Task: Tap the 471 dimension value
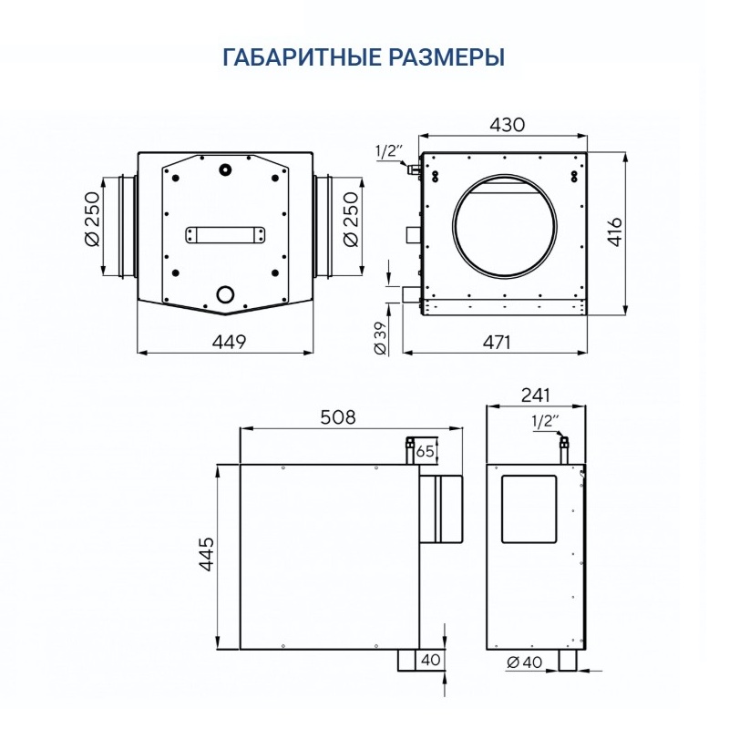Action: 496,342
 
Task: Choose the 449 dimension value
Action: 229,342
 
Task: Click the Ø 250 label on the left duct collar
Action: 91,224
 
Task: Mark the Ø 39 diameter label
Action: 382,336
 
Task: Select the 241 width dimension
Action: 536,395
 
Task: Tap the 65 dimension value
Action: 426,450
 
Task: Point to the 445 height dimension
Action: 205,558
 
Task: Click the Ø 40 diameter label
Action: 523,663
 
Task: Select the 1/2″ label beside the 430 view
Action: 388,151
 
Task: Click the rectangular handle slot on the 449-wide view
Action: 224,235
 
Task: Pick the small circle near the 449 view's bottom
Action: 224,293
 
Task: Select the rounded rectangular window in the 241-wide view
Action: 530,507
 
